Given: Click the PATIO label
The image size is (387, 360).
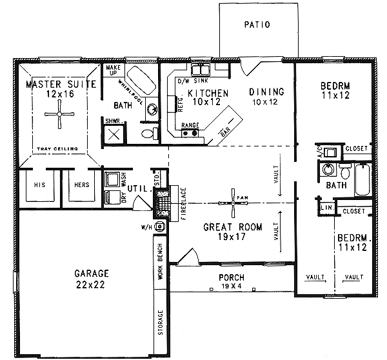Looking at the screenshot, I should [257, 25].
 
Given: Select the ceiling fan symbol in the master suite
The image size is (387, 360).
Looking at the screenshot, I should [59, 119].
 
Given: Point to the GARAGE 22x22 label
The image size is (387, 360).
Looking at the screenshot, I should [90, 277].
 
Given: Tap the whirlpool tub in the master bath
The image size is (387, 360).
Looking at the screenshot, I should [137, 81].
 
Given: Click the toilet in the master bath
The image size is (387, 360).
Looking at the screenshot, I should [148, 134].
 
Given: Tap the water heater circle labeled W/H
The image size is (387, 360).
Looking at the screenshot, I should [160, 227].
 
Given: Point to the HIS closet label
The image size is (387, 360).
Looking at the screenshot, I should [37, 185].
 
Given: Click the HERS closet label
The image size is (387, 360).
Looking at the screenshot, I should [81, 185].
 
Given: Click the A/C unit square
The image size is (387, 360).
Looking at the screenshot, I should [331, 153].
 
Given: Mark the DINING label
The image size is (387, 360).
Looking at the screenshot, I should [266, 92].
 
